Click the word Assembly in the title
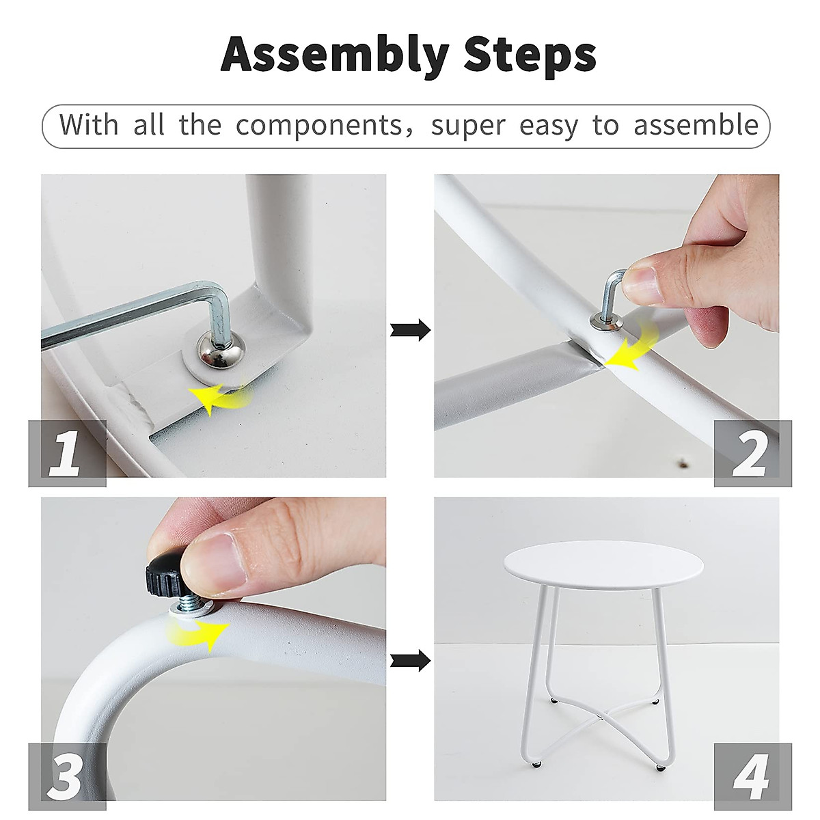pos(335,55)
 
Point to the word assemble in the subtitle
pos(696,125)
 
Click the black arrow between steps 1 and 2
pos(410,330)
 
